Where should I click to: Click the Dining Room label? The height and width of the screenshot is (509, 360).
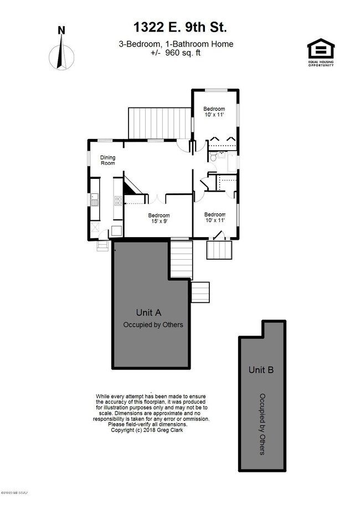click(x=107, y=161)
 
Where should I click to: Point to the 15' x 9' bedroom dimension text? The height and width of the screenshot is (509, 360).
click(x=158, y=220)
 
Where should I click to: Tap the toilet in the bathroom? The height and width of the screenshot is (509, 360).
click(x=213, y=158)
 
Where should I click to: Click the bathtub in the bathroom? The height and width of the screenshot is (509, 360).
click(x=232, y=163)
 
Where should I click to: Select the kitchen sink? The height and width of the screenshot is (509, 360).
click(x=95, y=198)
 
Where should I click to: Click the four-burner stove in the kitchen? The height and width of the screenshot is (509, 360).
click(x=118, y=200)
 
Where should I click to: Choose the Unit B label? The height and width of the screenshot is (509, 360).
click(x=261, y=370)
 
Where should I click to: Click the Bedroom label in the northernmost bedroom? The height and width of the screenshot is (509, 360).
click(x=214, y=109)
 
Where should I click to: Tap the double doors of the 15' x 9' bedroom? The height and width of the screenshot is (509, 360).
click(x=158, y=198)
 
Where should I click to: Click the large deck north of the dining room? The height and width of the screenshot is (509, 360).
click(x=160, y=123)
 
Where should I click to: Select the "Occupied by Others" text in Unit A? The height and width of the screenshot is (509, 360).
click(x=153, y=325)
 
